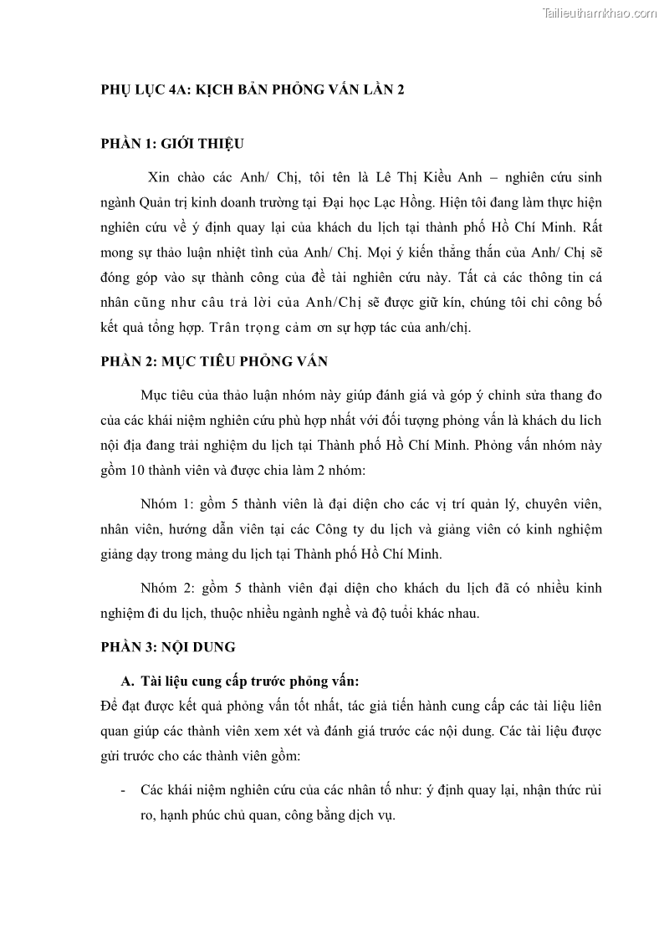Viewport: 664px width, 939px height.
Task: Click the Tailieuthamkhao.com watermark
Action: point(600,13)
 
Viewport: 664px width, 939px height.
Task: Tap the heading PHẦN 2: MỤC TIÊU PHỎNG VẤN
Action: point(214,361)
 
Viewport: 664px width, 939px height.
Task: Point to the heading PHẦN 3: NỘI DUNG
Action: point(168,646)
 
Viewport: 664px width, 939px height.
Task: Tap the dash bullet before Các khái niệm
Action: point(124,789)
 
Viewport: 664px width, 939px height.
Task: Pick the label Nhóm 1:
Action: point(166,505)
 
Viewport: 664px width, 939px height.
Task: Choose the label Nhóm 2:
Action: point(166,589)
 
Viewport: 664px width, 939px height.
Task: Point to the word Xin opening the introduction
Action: point(158,177)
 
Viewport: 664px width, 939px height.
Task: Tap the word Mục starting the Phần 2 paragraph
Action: point(155,395)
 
